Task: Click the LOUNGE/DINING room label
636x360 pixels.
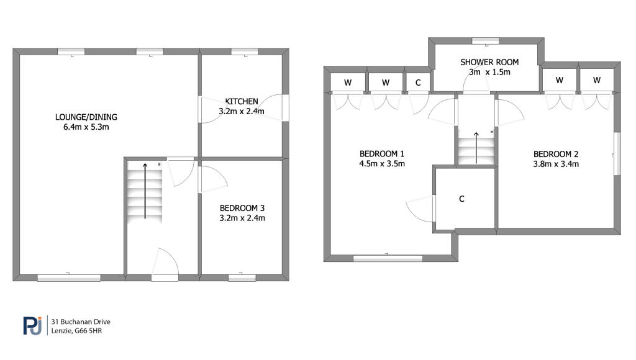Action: pos(86,117)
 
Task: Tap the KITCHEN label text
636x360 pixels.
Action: pos(242,101)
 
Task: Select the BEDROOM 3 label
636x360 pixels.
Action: pos(242,208)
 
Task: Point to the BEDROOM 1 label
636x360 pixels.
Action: pos(382,154)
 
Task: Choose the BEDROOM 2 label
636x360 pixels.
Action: pos(556,154)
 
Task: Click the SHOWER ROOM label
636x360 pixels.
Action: pos(489,62)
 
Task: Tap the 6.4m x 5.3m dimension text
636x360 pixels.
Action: pos(86,127)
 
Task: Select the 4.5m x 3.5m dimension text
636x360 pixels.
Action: pos(382,164)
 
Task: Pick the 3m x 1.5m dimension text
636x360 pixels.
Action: pos(489,72)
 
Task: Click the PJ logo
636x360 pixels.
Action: pos(32,325)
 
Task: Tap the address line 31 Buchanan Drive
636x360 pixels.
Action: pos(81,322)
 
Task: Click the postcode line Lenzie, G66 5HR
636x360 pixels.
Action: pos(76,331)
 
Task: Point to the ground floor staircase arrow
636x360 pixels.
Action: pos(145,191)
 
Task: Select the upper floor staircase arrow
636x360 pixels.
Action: pos(476,148)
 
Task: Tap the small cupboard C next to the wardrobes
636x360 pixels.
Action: pos(418,83)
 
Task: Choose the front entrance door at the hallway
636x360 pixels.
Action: pos(165,265)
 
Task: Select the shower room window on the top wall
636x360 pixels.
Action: pos(486,40)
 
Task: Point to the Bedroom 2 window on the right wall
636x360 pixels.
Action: pos(617,154)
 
